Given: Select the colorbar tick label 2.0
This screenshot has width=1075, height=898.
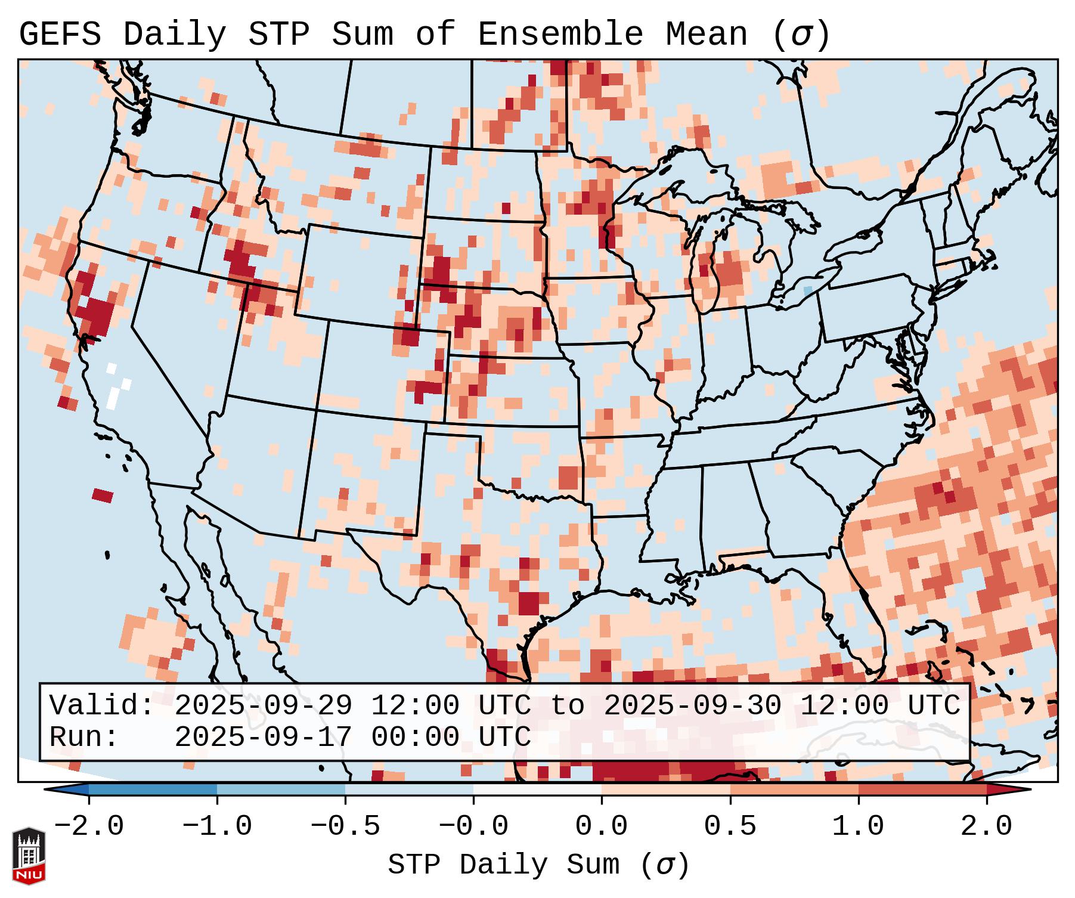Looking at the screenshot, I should click(986, 826).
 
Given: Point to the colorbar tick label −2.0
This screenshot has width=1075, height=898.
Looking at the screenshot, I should click(89, 826).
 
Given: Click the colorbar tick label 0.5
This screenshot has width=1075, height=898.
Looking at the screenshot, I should click(730, 826).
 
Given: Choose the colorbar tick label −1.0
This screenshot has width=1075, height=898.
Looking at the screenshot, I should click(217, 826).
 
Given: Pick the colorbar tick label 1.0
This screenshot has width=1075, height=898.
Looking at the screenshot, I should click(858, 826).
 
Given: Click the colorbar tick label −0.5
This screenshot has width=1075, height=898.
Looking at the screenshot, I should click(345, 826).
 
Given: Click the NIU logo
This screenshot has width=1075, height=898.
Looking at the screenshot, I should click(29, 856).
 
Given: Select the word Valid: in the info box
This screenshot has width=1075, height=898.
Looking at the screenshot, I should click(102, 705).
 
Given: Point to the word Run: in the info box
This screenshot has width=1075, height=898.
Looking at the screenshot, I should click(84, 737).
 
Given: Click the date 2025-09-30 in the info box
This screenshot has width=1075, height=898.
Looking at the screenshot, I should click(692, 705).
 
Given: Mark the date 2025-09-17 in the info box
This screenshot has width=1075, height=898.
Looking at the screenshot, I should click(263, 737).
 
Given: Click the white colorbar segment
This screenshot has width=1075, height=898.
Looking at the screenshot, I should click(537, 790).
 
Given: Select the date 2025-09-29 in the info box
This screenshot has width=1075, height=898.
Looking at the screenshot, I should click(263, 705).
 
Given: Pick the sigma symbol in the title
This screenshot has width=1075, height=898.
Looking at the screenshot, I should click(801, 35).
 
